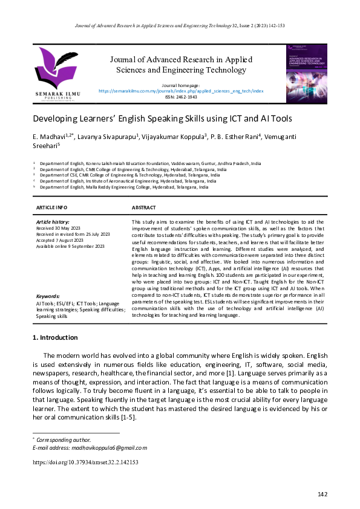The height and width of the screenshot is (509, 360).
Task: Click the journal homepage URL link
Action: tap(181, 91)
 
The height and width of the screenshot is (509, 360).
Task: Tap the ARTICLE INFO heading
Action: tap(51, 207)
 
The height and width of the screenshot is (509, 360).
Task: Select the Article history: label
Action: tap(53, 222)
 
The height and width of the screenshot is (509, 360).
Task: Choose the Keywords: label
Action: tap(48, 297)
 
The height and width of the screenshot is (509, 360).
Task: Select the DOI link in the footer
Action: tap(85, 462)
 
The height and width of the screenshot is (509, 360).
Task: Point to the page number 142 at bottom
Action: tap(322, 494)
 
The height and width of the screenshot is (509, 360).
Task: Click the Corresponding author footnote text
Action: tap(64, 439)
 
